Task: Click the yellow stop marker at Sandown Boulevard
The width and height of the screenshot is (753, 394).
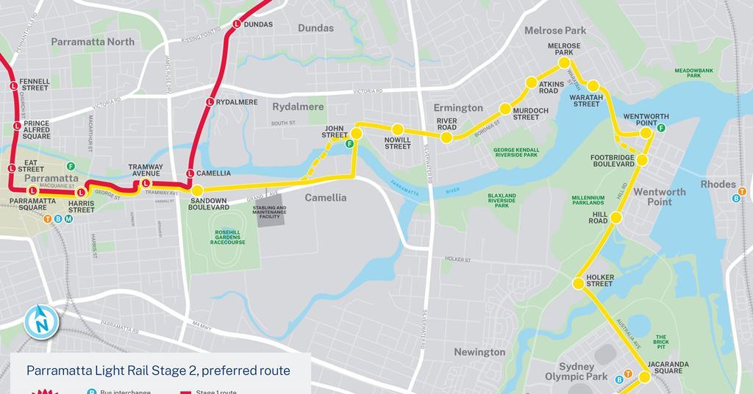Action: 197,190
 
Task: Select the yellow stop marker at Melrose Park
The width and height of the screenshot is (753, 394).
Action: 564,64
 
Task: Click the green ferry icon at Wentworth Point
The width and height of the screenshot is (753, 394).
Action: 661,128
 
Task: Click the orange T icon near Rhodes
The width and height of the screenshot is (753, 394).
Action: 742,192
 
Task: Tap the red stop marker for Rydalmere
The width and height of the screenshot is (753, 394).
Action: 210,102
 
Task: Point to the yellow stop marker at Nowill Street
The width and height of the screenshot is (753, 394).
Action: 397,129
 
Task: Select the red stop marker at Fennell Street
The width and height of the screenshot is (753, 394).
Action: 14,86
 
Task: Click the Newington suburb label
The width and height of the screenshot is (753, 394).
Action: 479,352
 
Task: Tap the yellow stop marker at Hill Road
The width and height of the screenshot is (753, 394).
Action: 616,218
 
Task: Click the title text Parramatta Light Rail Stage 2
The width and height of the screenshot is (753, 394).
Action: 158,370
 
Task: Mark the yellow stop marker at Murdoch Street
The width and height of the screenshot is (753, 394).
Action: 505,109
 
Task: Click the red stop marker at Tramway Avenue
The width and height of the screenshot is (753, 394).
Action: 146,183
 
